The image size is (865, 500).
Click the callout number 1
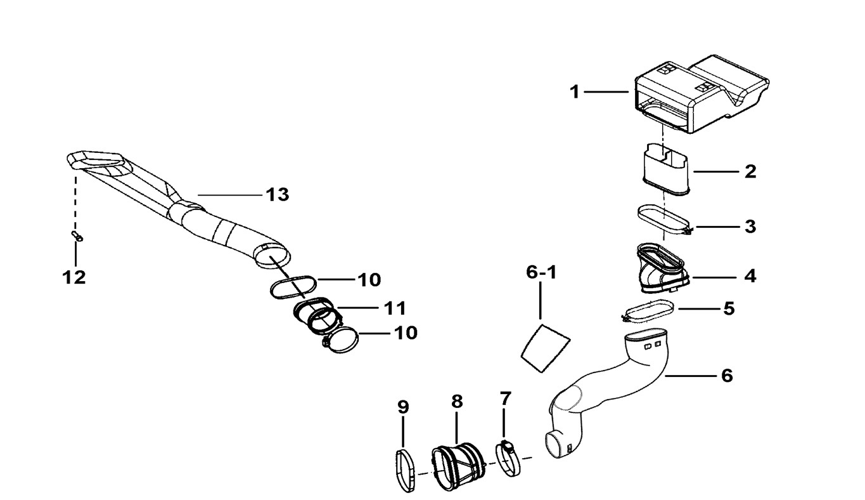click(x=574, y=93)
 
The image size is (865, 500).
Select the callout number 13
click(x=277, y=195)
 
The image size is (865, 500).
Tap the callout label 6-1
click(x=541, y=273)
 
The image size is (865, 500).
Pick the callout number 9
click(x=403, y=407)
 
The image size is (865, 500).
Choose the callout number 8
click(x=457, y=401)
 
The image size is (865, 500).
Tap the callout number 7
click(x=504, y=399)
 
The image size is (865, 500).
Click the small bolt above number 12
click(x=78, y=236)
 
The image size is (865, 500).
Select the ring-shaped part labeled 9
click(x=405, y=470)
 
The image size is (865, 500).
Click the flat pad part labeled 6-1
click(x=544, y=346)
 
